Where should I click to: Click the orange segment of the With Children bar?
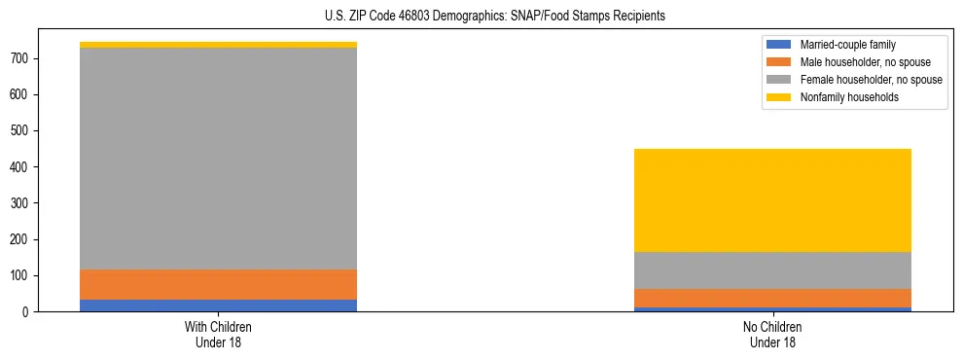tap(218, 284)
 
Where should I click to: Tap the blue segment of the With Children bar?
tap(218, 306)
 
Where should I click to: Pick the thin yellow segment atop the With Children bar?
tap(218, 45)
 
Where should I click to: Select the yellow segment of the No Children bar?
tap(772, 200)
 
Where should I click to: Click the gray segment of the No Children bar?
tap(772, 270)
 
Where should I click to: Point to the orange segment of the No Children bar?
tap(772, 298)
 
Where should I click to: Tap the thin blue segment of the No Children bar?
tap(772, 309)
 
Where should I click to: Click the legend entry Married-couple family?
tap(847, 45)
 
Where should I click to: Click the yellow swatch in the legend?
tap(780, 97)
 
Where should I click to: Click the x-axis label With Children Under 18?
tap(218, 334)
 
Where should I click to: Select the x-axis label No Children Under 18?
tap(772, 334)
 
